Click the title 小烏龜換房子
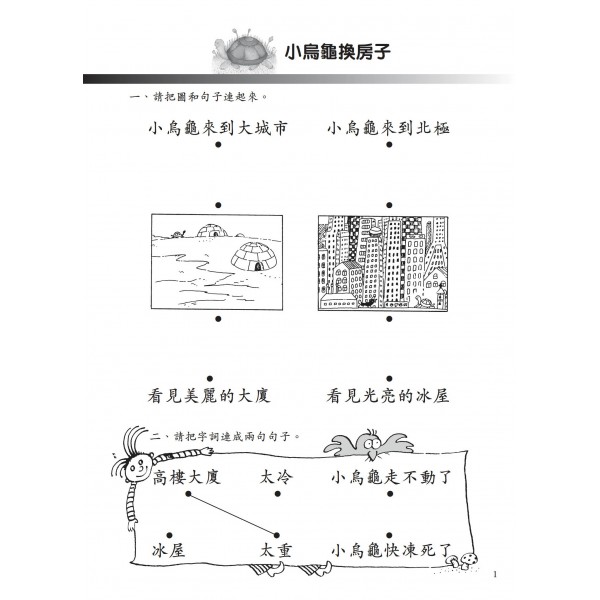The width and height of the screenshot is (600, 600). [338, 52]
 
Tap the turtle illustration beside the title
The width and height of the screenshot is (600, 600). [245, 51]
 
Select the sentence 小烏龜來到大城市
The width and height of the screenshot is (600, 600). [217, 129]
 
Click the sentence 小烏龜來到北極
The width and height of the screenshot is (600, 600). [388, 129]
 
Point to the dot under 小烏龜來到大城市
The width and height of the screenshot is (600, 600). [218, 145]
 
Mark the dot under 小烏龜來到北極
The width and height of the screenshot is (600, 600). [389, 145]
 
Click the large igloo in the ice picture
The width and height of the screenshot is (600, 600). [254, 256]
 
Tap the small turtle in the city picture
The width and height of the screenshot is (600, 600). [424, 301]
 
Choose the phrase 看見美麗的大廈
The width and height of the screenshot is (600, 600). [209, 396]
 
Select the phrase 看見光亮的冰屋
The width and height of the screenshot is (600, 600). [388, 396]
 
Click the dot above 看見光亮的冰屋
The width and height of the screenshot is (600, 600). [389, 379]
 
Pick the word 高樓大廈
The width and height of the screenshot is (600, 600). [186, 478]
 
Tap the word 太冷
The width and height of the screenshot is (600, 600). [276, 478]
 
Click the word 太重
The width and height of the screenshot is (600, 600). [276, 551]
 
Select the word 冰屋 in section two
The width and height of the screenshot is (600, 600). [169, 551]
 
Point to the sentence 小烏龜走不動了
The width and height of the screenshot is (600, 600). [391, 478]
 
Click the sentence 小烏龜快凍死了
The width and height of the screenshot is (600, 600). [391, 551]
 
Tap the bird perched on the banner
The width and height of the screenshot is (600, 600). [369, 445]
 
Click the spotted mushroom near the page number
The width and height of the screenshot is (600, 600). [468, 560]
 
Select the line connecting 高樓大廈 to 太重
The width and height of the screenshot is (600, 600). [232, 514]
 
